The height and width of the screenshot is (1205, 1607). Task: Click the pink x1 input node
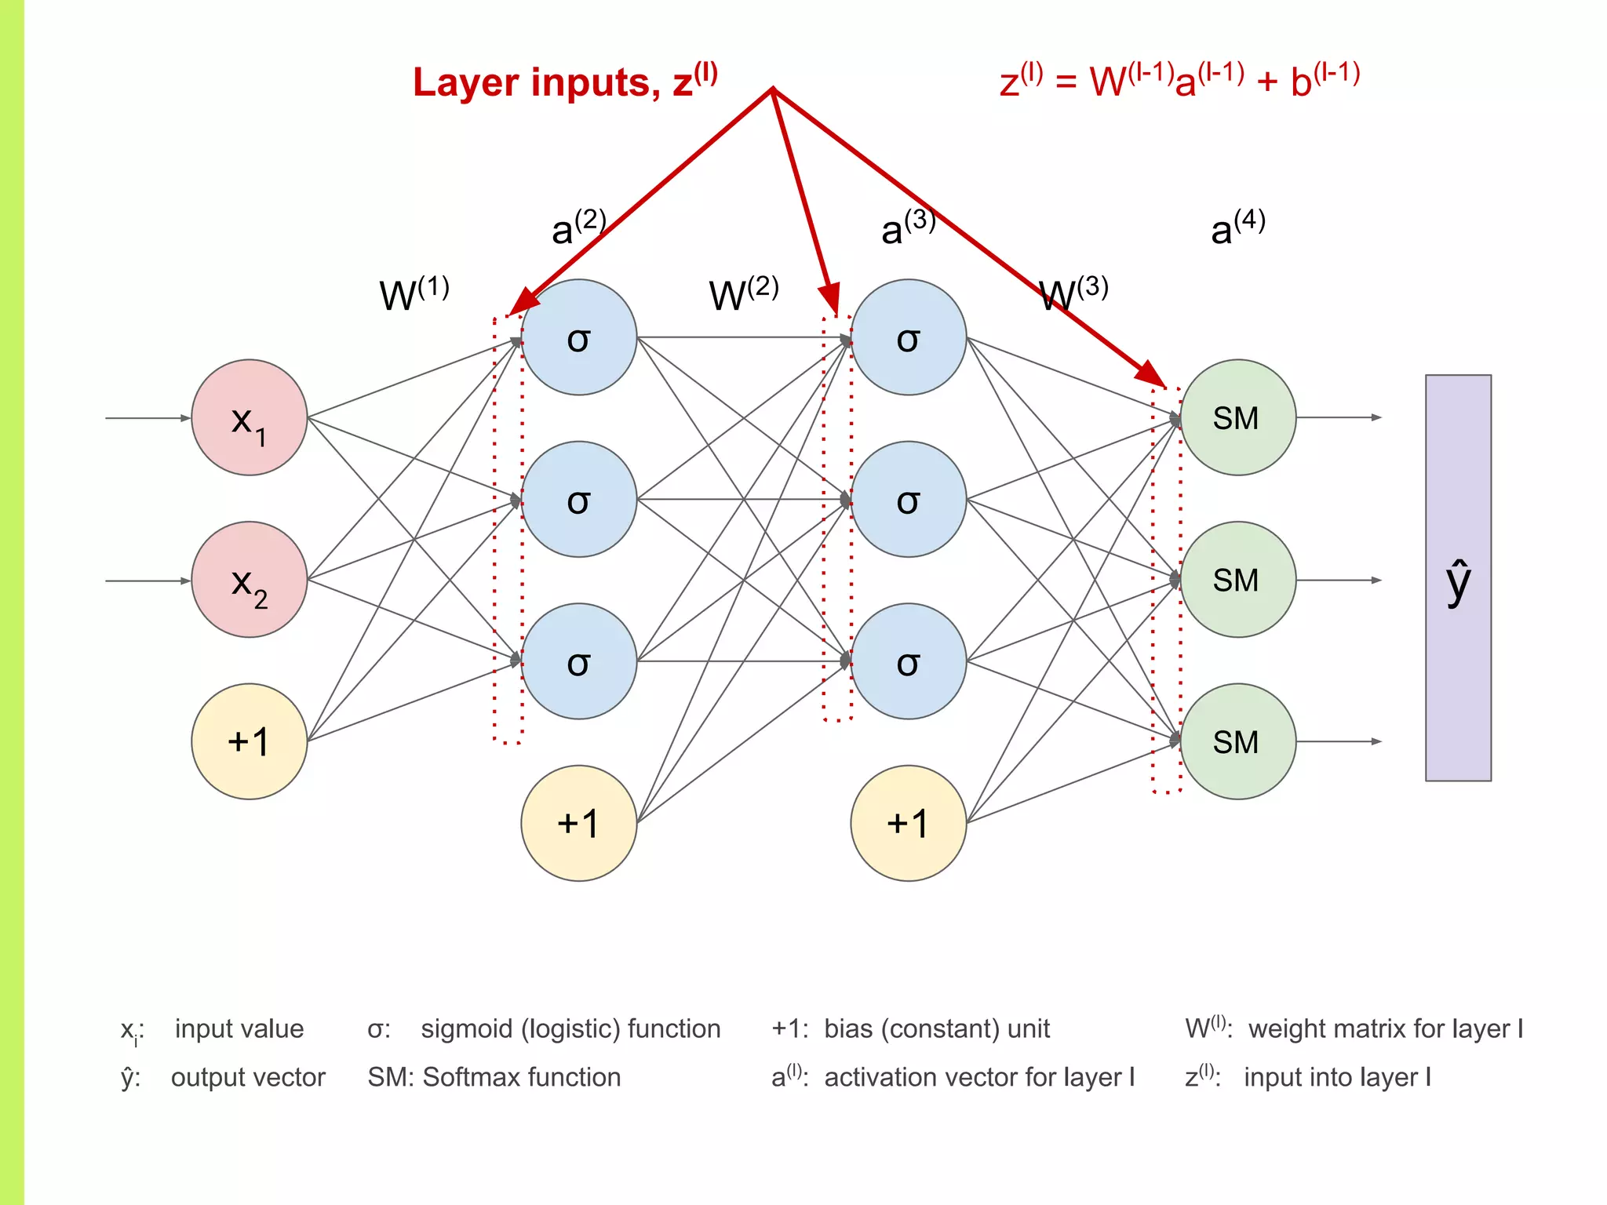[x=249, y=417]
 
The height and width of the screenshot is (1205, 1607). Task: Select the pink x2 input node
[x=249, y=580]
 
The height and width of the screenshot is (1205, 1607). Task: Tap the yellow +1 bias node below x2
[x=249, y=741]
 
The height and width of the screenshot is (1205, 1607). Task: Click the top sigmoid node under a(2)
[x=578, y=337]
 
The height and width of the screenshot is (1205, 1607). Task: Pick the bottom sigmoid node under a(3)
[x=908, y=661]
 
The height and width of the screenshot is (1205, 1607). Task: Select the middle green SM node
[x=1237, y=580]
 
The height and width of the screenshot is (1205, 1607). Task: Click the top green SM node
[x=1237, y=417]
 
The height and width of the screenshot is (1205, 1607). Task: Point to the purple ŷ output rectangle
[x=1458, y=577]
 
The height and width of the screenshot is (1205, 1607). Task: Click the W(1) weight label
[x=414, y=293]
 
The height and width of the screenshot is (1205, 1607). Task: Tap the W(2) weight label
[x=743, y=293]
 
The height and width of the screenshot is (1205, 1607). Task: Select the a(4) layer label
[x=1237, y=228]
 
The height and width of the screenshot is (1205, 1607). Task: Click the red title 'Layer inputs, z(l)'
[x=565, y=82]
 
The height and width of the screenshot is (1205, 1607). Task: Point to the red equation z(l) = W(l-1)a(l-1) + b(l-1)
[x=1179, y=79]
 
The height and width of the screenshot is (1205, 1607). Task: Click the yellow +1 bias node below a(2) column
[x=578, y=823]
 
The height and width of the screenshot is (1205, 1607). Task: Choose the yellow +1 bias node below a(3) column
[x=908, y=823]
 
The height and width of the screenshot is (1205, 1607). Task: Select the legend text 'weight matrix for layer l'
[x=1385, y=1028]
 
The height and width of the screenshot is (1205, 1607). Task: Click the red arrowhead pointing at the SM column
[x=1152, y=373]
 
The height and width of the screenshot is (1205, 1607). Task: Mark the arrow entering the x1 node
[x=149, y=418]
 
